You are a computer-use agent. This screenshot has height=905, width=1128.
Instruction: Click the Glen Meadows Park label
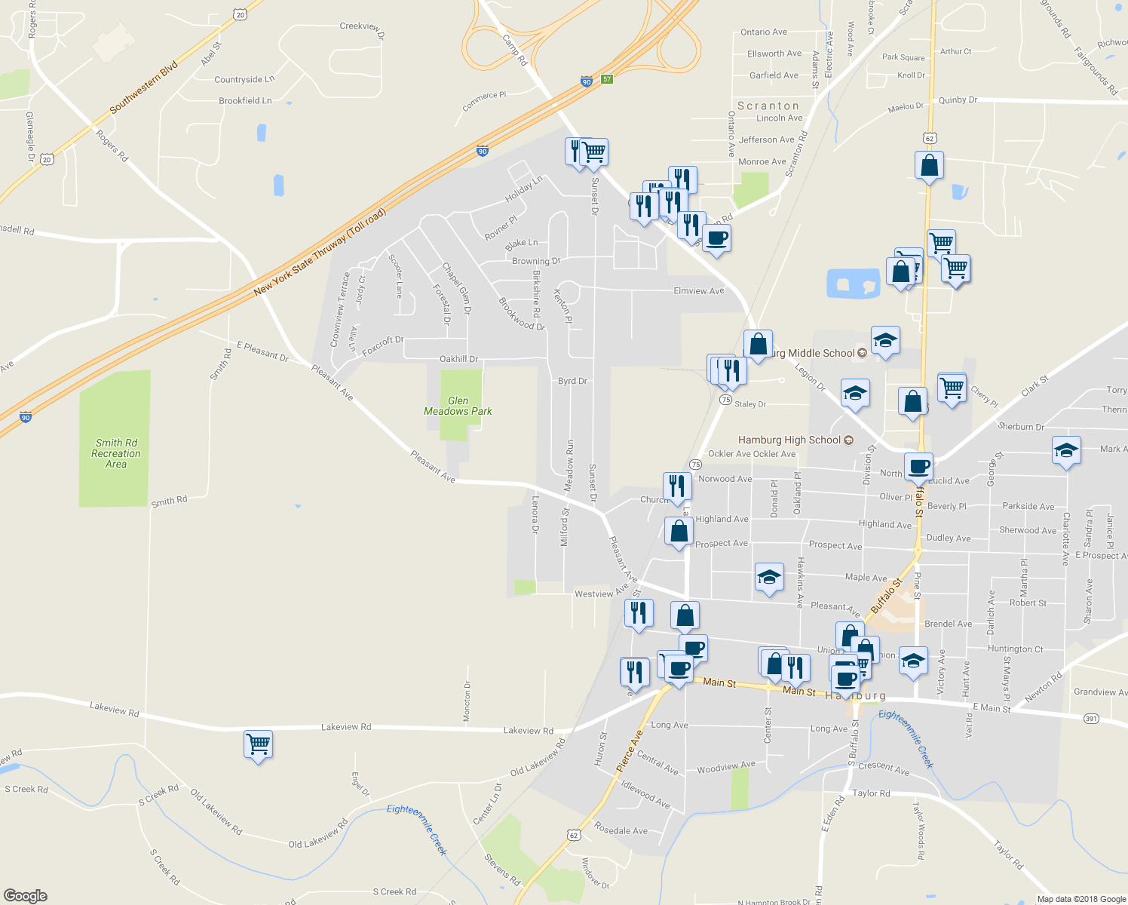(458, 406)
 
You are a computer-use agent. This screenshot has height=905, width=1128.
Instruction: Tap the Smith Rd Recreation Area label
(116, 453)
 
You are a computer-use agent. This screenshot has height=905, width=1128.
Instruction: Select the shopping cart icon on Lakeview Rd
(258, 744)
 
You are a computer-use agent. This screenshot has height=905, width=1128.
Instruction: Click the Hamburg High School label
(789, 440)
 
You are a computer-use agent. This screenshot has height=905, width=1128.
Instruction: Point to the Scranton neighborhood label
(768, 106)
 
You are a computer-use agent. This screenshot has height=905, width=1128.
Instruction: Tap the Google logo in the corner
(25, 896)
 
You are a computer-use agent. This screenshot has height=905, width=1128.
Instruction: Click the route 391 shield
(1091, 719)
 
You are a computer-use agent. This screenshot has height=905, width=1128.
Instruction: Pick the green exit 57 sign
(607, 79)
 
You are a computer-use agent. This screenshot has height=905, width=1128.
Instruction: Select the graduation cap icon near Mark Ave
(1066, 451)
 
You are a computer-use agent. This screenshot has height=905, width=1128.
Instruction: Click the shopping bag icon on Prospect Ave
(679, 532)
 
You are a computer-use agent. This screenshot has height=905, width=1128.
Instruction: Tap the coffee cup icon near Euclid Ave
(918, 467)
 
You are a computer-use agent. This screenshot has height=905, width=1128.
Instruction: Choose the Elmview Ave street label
(698, 290)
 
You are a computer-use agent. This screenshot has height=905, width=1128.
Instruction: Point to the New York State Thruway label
(320, 251)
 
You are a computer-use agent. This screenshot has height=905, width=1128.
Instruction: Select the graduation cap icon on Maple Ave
(768, 578)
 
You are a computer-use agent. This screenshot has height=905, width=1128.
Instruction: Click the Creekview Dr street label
(362, 28)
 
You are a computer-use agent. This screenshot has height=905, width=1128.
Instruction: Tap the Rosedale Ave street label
(621, 830)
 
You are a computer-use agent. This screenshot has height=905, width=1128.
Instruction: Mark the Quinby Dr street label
(958, 100)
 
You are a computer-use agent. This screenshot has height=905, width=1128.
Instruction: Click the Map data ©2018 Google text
(1081, 899)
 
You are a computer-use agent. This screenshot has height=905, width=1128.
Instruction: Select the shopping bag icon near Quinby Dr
(929, 166)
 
